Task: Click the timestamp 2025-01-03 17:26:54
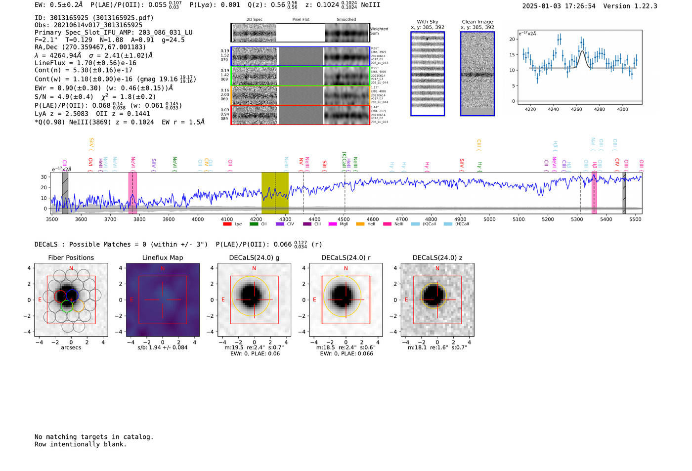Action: [559, 6]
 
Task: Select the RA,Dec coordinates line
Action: [90, 47]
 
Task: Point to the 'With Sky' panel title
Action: [428, 22]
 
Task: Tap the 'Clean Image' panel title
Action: [477, 22]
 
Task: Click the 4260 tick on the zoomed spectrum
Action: [576, 109]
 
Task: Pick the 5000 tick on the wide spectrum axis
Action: [489, 219]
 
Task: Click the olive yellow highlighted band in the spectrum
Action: [275, 193]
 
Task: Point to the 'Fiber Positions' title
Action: [71, 257]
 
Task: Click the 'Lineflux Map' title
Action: [163, 257]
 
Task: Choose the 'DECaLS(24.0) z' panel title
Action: [437, 257]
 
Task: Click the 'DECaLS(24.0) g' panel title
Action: [254, 257]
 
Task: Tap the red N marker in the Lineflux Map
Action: [163, 268]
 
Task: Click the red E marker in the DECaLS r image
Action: [314, 300]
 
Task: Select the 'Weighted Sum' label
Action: [379, 31]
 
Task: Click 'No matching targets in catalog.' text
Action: [94, 437]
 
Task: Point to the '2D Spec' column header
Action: [255, 20]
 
